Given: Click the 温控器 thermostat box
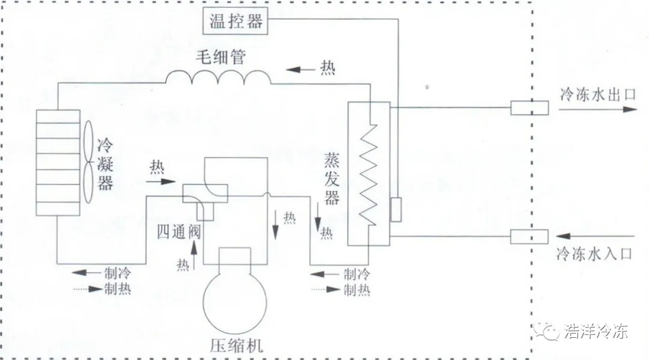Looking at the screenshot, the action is click(x=236, y=22).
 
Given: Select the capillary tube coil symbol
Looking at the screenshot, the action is click(x=218, y=78).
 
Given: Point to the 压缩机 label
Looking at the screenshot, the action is click(x=237, y=346).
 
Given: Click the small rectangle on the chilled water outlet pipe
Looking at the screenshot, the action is click(x=529, y=108).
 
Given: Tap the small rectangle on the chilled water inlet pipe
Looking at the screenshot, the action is click(x=529, y=237).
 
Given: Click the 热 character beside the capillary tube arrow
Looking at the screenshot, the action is click(x=328, y=69).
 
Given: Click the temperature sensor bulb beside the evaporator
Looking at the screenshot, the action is click(x=396, y=210).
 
